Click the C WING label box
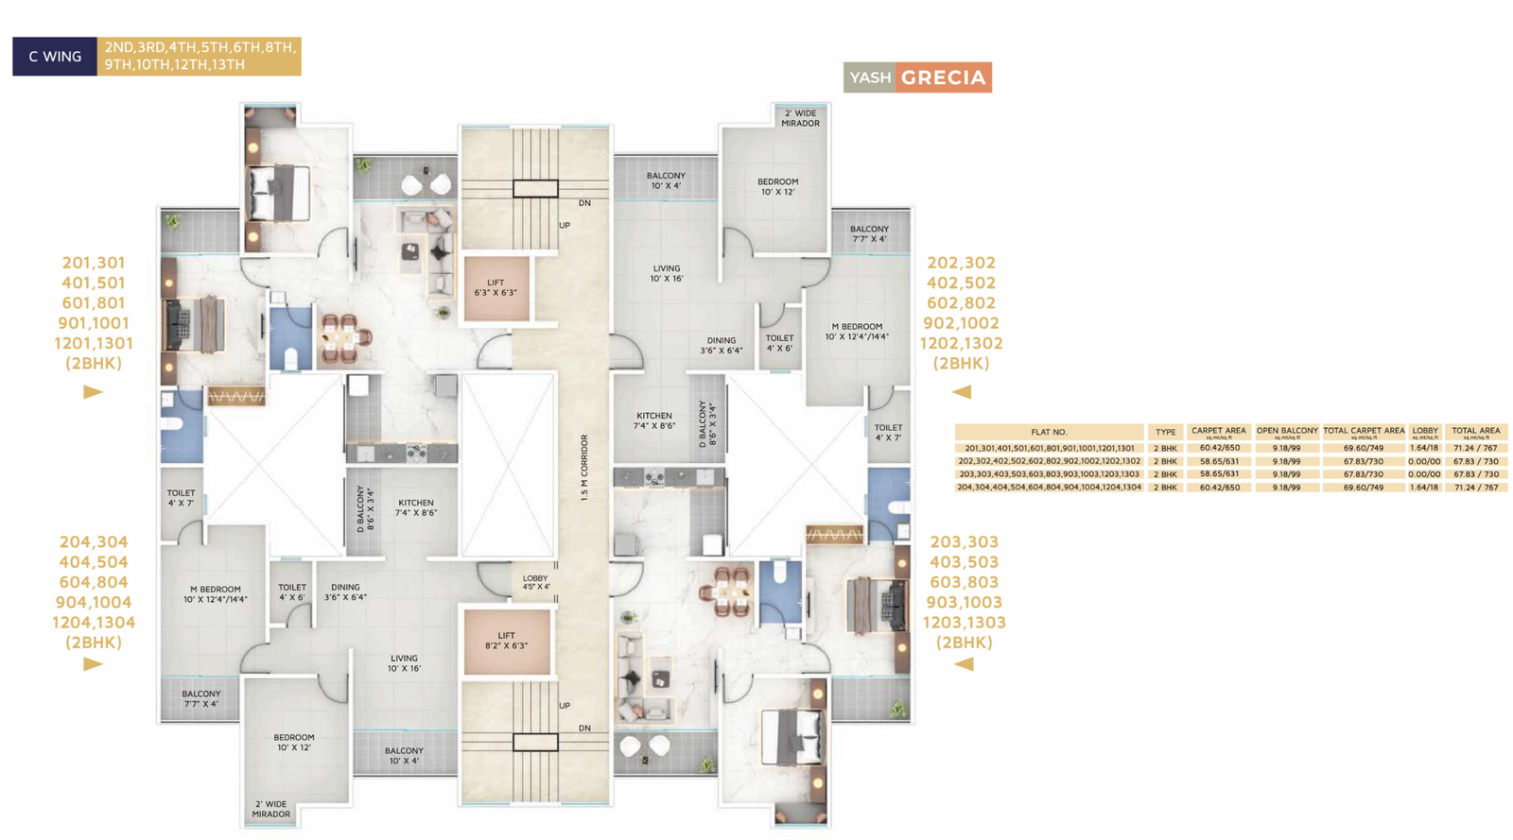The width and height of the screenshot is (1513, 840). click(55, 57)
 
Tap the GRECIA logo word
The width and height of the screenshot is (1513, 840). click(943, 77)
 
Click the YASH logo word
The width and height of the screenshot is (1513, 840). click(870, 77)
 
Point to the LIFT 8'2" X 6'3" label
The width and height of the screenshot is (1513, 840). click(506, 641)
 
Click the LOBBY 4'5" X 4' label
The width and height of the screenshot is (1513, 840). click(535, 583)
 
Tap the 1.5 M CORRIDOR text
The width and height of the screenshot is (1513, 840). click(585, 468)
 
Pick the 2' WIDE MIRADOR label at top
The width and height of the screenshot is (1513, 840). click(800, 118)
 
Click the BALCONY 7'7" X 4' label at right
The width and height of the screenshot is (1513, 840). click(868, 233)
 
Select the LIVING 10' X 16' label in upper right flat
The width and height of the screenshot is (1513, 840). click(667, 274)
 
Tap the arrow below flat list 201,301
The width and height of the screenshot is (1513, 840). click(93, 391)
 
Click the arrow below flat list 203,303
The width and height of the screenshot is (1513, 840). click(963, 664)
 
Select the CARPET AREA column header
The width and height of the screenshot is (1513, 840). click(1218, 432)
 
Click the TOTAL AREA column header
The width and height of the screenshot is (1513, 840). click(1475, 432)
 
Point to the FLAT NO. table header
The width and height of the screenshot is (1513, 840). click(1049, 432)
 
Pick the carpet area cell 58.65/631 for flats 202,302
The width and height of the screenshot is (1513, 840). click(1219, 461)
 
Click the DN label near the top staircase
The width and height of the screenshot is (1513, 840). click(584, 203)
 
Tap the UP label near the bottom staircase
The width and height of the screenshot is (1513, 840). click(565, 706)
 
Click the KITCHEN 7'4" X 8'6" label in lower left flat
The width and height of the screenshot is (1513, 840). click(416, 508)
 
